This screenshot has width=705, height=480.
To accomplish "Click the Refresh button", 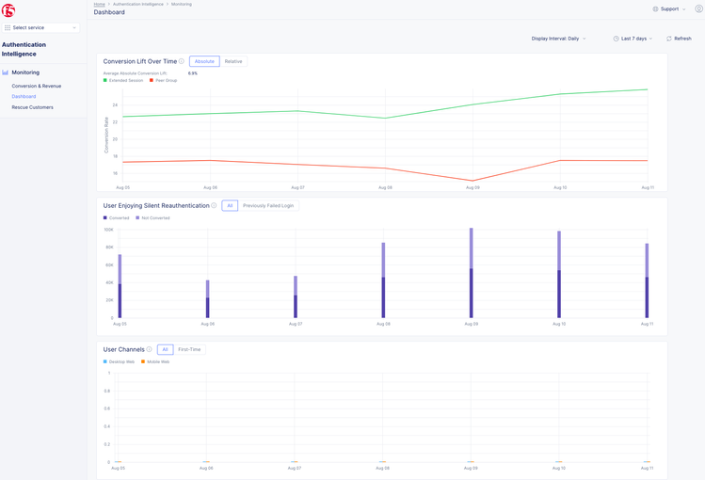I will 679,39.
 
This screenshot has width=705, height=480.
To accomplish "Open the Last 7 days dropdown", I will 633,39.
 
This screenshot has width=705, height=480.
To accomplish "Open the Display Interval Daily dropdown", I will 558,39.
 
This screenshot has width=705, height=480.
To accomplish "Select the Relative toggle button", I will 233,61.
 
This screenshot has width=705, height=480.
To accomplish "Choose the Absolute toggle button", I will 204,61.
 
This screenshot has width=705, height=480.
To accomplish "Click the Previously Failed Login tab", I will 268,205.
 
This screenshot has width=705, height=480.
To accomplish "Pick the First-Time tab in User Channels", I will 189,349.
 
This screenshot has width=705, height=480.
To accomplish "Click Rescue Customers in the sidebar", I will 32,107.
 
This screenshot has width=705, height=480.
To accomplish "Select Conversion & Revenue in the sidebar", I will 36,86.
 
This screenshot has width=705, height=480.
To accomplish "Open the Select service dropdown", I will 40,27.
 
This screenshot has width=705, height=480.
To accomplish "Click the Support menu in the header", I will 669,8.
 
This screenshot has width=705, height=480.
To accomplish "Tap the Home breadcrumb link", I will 99,4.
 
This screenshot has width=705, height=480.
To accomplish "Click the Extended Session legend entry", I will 125,80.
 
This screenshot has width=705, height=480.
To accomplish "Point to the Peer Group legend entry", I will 166,80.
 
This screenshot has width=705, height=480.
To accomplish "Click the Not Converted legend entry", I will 155,217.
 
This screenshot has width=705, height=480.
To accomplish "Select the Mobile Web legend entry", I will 157,361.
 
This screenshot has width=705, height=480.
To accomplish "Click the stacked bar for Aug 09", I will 472,273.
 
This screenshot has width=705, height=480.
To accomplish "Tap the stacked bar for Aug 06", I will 208,299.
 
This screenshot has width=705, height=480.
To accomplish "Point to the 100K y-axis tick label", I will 109,230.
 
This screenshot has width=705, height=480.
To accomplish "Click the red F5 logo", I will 8,10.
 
